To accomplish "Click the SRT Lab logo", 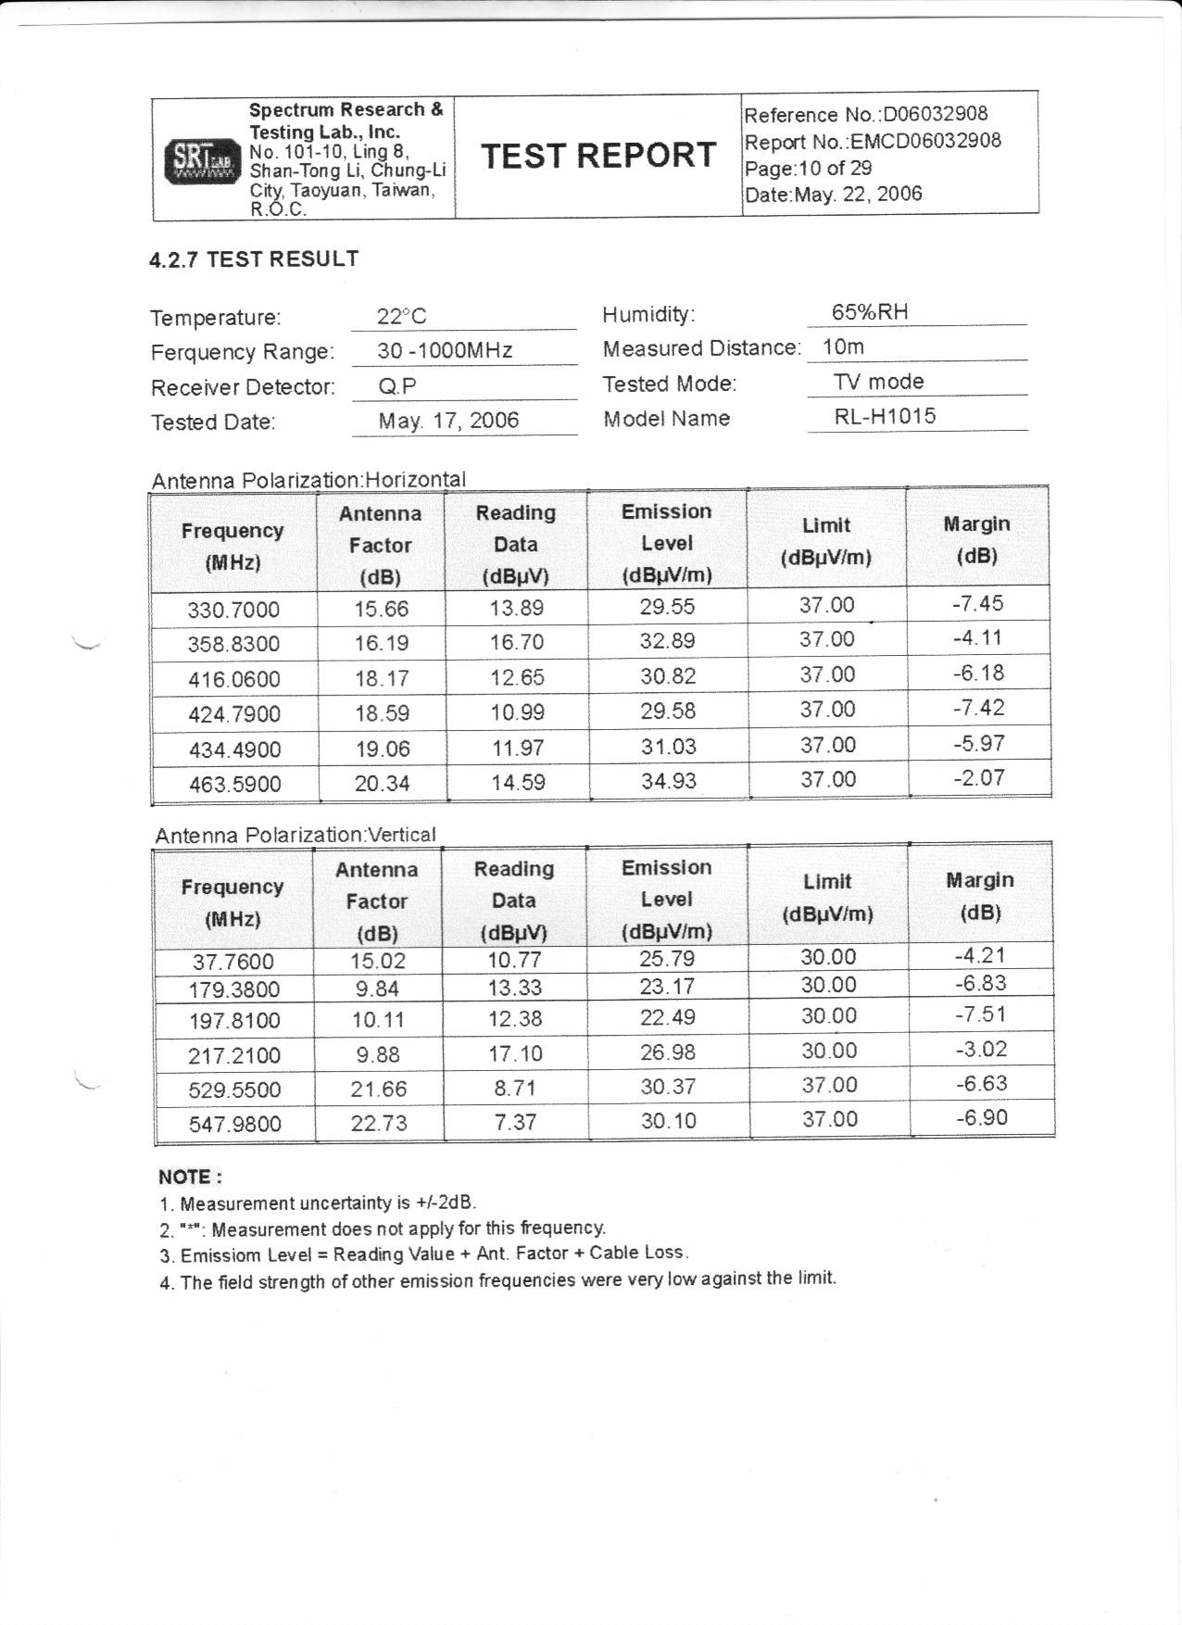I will [200, 161].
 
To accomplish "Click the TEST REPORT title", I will [597, 155].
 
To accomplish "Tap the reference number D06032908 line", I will [865, 115].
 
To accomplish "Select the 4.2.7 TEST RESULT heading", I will [254, 259].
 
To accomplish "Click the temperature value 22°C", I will [401, 317].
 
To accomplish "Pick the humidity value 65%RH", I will [869, 312].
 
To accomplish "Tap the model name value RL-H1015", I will [885, 416].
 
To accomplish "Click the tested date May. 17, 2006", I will [448, 421].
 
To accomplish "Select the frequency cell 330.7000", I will [233, 610].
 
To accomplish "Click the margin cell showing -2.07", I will [978, 778].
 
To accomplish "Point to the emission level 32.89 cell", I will [667, 641].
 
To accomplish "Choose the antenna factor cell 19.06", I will [382, 749].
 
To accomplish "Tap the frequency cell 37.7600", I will [233, 962].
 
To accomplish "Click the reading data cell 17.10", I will [515, 1053].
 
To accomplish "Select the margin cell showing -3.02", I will [980, 1050].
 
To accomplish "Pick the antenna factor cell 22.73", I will [378, 1123].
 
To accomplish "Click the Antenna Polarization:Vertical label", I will [295, 835].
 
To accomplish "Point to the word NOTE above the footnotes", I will [189, 1178].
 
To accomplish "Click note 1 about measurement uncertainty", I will [318, 1203].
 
